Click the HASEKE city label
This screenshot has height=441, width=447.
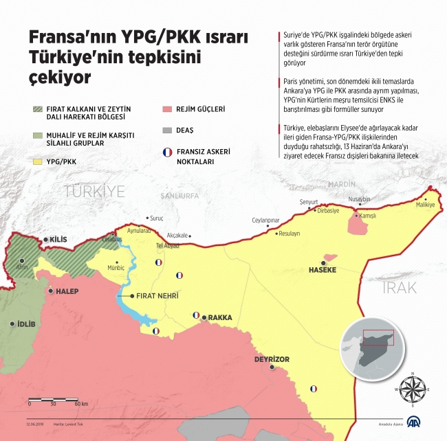click(x=323, y=270)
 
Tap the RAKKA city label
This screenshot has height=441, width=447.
click(x=220, y=318)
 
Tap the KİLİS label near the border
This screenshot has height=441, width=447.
click(x=58, y=240)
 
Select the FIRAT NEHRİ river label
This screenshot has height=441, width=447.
click(x=158, y=296)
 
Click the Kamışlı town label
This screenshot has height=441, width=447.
click(x=371, y=216)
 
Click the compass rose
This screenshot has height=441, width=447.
click(x=413, y=389)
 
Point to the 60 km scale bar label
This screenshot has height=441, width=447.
click(x=80, y=403)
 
